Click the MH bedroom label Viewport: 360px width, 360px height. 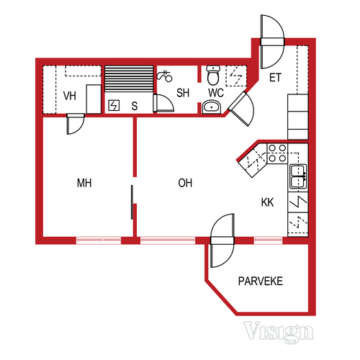(84, 183)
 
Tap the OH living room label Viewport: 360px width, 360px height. (185, 183)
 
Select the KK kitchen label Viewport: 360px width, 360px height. (267, 202)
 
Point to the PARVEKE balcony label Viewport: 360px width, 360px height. (261, 281)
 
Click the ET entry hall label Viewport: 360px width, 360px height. (275, 78)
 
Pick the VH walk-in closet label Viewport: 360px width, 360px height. (70, 96)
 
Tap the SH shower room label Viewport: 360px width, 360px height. (183, 93)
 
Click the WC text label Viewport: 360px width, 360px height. (216, 93)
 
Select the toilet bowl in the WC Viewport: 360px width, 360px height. (213, 75)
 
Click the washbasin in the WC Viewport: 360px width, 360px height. (211, 107)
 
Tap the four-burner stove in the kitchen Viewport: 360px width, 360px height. (277, 153)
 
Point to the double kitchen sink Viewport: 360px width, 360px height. (298, 176)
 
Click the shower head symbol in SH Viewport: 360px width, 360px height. (165, 76)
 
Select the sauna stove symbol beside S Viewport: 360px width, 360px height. (114, 105)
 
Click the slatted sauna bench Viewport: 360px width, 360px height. (129, 78)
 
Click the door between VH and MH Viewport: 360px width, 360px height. (76, 124)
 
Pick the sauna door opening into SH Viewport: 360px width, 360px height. (163, 103)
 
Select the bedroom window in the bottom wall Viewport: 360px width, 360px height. (99, 240)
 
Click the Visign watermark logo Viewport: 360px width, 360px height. (279, 332)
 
